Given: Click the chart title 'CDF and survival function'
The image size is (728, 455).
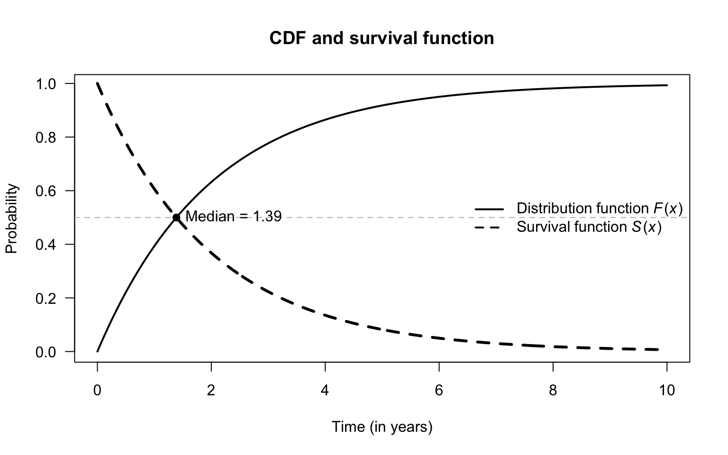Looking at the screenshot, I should pos(382,38).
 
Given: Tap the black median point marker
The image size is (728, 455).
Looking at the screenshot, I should pos(176,218).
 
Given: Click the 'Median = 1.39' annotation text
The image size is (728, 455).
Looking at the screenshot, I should pos(233,217).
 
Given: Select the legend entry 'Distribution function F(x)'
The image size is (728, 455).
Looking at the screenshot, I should pos(600,209).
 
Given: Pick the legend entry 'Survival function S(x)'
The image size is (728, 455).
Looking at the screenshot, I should pos(589,227).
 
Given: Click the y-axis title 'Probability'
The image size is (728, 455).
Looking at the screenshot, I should pos(11,218).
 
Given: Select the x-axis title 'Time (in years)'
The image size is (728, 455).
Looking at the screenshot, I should pos(382,427).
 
